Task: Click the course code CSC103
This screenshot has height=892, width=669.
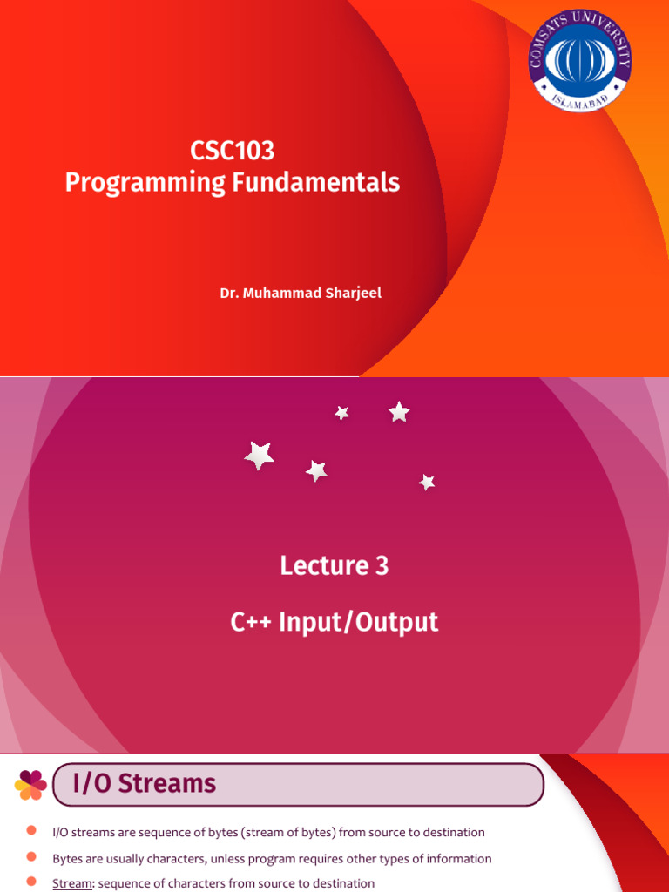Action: tap(232, 151)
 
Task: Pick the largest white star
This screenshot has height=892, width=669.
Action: tap(259, 455)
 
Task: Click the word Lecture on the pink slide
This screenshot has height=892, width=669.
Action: tap(315, 566)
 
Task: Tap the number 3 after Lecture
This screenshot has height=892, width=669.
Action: tap(382, 566)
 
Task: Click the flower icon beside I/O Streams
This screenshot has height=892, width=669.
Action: tap(30, 784)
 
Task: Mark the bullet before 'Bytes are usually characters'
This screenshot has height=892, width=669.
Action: tap(31, 857)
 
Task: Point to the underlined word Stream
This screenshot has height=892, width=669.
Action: tap(73, 882)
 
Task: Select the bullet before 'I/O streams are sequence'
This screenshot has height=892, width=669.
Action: tap(31, 832)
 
